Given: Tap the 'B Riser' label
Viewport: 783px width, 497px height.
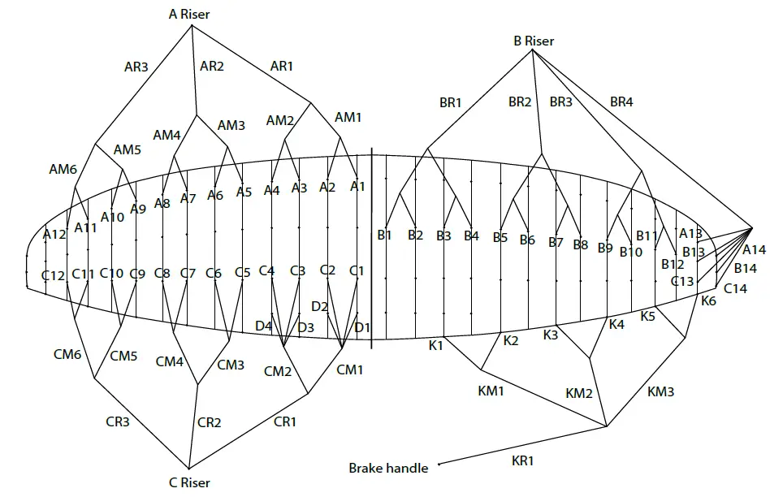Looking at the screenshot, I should pyautogui.click(x=533, y=40).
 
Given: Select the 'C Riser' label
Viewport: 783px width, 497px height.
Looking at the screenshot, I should pyautogui.click(x=189, y=482).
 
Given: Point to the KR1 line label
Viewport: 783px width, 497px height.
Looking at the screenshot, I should pyautogui.click(x=523, y=460).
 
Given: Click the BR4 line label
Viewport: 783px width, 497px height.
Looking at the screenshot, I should pyautogui.click(x=622, y=102).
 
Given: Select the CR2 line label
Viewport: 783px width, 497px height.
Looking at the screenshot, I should pyautogui.click(x=210, y=422).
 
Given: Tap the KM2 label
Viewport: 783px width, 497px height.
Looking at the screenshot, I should pyautogui.click(x=578, y=393).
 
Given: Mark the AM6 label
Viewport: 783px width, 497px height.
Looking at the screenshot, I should pyautogui.click(x=63, y=169).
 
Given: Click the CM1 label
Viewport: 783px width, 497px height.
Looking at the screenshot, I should pyautogui.click(x=350, y=370).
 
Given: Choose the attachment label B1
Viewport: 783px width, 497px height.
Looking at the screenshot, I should pyautogui.click(x=385, y=236).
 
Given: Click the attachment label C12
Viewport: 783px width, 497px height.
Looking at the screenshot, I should pyautogui.click(x=54, y=275).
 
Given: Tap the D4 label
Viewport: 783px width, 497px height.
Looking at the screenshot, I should pyautogui.click(x=263, y=326).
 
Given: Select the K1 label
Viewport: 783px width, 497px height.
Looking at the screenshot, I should pyautogui.click(x=436, y=345).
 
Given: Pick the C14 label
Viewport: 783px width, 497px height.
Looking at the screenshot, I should pyautogui.click(x=735, y=288).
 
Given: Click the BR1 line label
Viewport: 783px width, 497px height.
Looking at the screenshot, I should pyautogui.click(x=451, y=102).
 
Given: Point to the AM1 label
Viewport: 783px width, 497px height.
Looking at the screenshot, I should pyautogui.click(x=348, y=118).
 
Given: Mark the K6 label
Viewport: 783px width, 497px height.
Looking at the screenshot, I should pyautogui.click(x=709, y=300).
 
